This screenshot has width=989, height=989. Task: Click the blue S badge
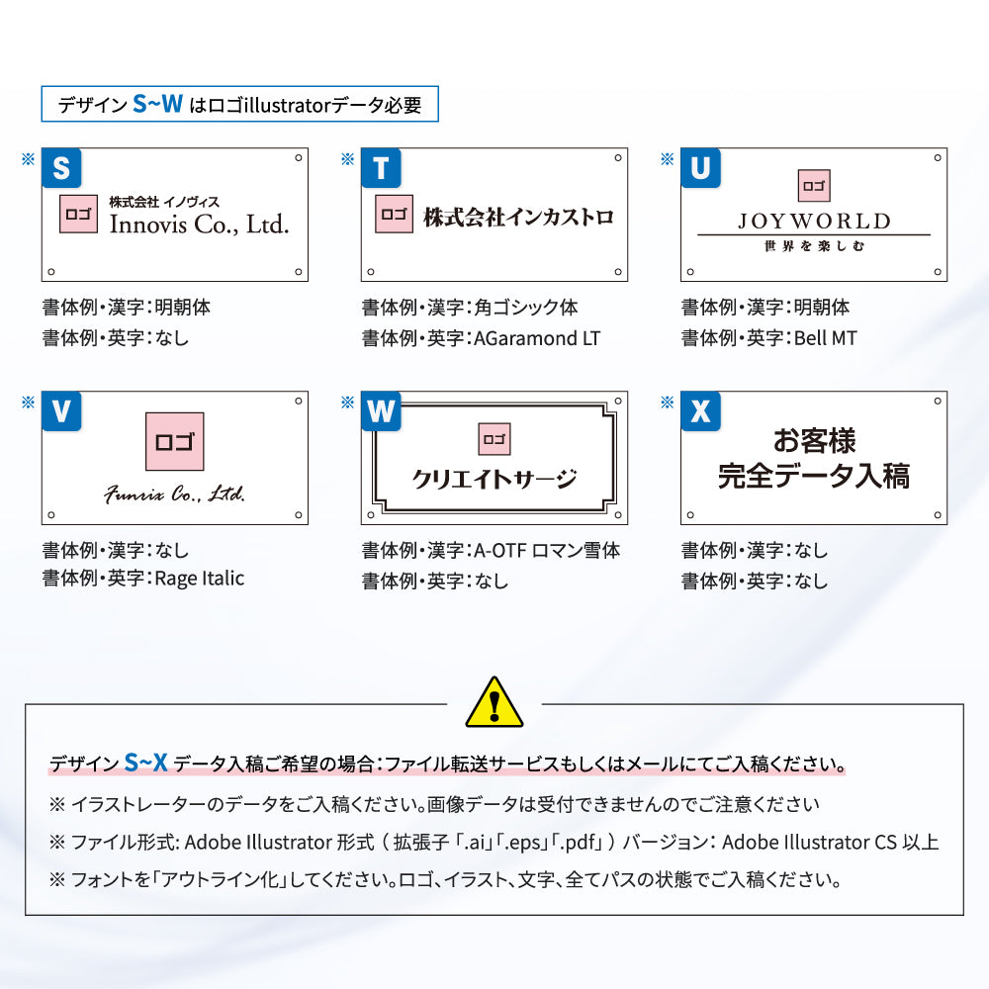[x=61, y=168]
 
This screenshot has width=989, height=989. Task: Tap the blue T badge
[x=381, y=168]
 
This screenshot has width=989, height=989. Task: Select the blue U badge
[x=700, y=168]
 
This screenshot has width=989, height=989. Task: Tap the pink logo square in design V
[x=174, y=441]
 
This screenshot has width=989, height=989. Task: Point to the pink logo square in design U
[x=814, y=185]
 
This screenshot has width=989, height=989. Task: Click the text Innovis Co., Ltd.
[x=199, y=225]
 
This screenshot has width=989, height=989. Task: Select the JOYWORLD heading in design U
[x=814, y=221]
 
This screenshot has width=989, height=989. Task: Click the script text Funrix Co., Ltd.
[x=175, y=494]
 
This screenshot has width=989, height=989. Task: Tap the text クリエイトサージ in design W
[x=494, y=480]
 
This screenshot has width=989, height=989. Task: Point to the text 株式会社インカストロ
[x=518, y=217]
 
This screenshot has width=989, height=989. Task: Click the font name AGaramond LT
[x=537, y=338]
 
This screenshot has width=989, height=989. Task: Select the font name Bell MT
[x=826, y=338]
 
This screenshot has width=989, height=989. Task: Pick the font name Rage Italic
[x=200, y=579]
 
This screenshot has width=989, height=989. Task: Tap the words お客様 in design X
[x=814, y=440]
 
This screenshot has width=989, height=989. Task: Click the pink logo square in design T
[x=394, y=215]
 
